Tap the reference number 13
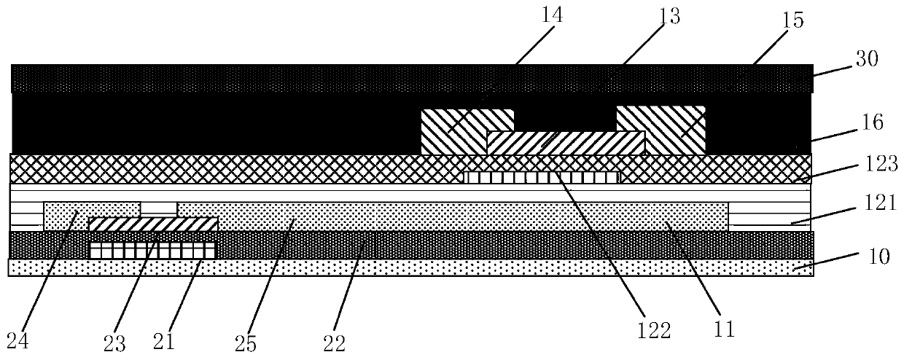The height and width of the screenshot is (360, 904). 669,17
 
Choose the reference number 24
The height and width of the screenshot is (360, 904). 17,338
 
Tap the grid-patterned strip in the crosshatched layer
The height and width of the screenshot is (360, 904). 541,177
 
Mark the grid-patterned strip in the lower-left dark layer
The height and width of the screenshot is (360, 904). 152,250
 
